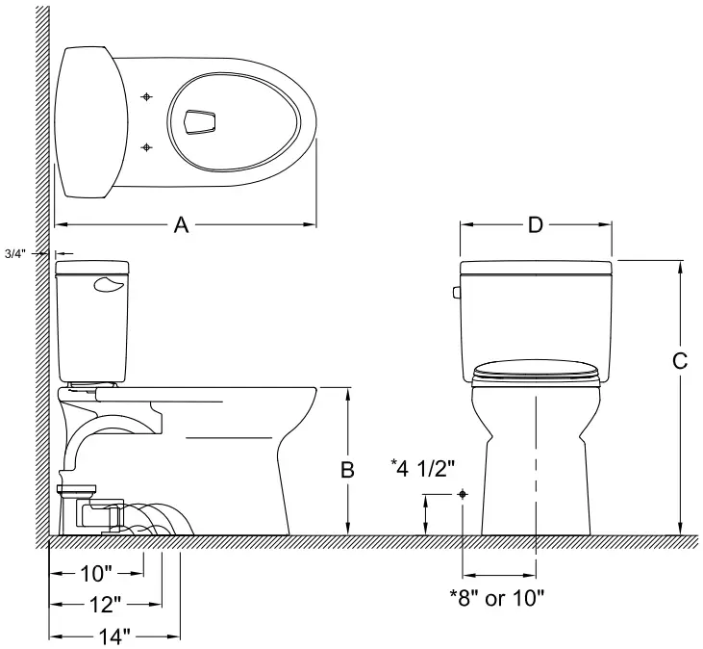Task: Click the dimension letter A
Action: point(180,225)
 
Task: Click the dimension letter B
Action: point(348,470)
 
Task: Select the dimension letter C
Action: point(679,361)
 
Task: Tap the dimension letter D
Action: point(536,225)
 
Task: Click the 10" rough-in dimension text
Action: point(96,575)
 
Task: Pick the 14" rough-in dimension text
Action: point(113,636)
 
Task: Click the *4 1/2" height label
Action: point(421,469)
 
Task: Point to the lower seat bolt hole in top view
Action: point(146,146)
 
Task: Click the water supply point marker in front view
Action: point(464,493)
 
